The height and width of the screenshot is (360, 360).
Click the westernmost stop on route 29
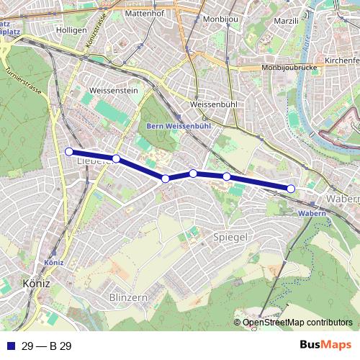(69, 151)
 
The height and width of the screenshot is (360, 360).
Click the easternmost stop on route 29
(291, 189)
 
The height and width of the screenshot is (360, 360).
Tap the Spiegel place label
(231, 237)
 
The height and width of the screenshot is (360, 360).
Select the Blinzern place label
(129, 297)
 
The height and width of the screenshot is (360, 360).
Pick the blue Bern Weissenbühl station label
(179, 125)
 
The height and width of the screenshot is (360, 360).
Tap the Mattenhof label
(145, 13)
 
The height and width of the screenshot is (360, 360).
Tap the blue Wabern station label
(312, 214)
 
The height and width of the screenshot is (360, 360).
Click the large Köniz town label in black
(36, 283)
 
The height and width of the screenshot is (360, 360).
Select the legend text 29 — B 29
(47, 346)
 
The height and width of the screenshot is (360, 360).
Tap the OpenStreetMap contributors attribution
(297, 323)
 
